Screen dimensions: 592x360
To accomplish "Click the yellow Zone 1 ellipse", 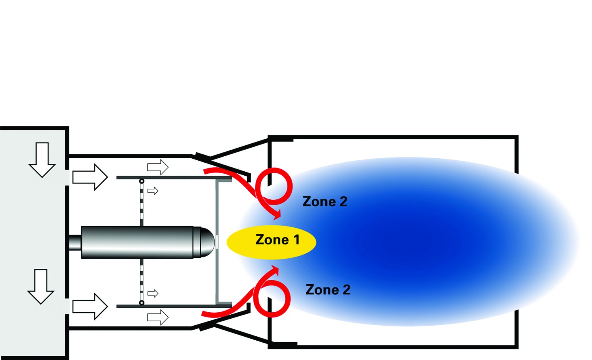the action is coord(272,242).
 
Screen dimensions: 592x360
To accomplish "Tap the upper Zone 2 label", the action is coord(325,201).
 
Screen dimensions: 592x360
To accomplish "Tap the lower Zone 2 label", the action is coord(328,289).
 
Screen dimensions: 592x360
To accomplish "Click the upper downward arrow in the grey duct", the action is coord(42,160).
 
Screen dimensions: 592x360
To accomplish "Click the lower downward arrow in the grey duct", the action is coord(41,287).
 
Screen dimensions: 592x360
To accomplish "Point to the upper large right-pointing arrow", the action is coord(90,177).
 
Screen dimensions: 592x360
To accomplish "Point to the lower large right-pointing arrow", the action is coord(90,306).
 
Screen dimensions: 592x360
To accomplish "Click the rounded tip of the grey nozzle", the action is coord(208,242).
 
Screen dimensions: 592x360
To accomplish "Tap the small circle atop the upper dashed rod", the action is coord(142,181).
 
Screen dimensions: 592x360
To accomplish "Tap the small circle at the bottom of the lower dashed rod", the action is coord(142,303).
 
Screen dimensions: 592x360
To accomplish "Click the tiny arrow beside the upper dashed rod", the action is coord(153,191).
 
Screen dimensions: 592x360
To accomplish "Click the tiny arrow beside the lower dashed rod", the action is coord(153,293).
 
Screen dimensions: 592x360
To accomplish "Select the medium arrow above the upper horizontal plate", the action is coord(158,167).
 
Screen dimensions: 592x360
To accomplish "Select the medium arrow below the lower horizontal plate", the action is coord(158,317).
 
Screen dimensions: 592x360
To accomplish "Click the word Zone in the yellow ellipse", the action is coord(272,240).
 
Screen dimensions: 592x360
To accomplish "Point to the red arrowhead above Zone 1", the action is coord(277,214).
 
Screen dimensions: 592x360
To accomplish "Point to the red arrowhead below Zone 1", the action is coord(275,271).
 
